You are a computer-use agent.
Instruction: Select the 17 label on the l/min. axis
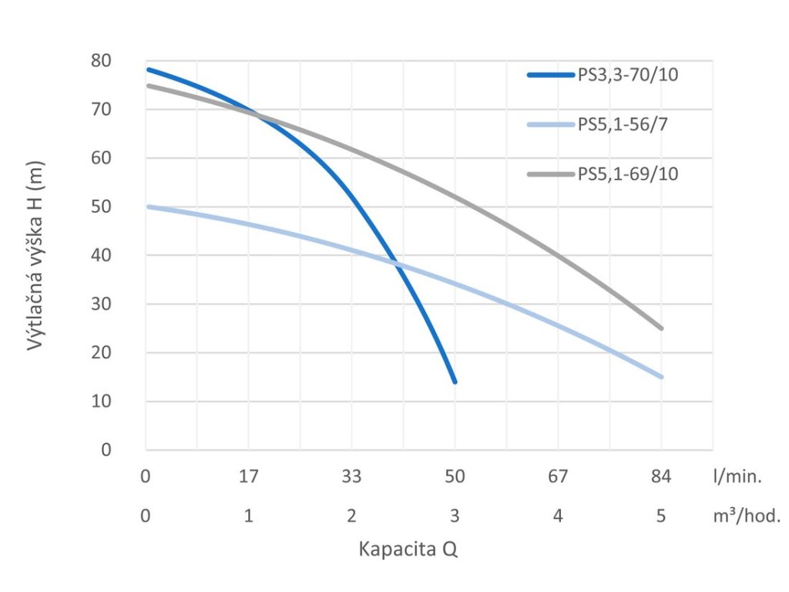coord(248,477)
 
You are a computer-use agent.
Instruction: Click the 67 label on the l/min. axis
coord(558,477)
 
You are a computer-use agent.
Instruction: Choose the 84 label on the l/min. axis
coord(661,477)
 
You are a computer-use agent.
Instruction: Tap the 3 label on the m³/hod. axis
coord(455,516)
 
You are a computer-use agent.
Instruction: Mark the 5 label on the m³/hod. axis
coord(661,516)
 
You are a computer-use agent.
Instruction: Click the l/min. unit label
coord(737,477)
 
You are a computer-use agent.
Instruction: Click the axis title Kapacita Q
coord(408,550)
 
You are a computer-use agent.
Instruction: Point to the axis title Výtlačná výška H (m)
coord(35,255)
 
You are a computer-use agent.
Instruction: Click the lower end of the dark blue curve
coord(455,382)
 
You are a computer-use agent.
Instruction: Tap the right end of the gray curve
coord(661,328)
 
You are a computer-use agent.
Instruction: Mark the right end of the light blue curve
coord(661,377)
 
